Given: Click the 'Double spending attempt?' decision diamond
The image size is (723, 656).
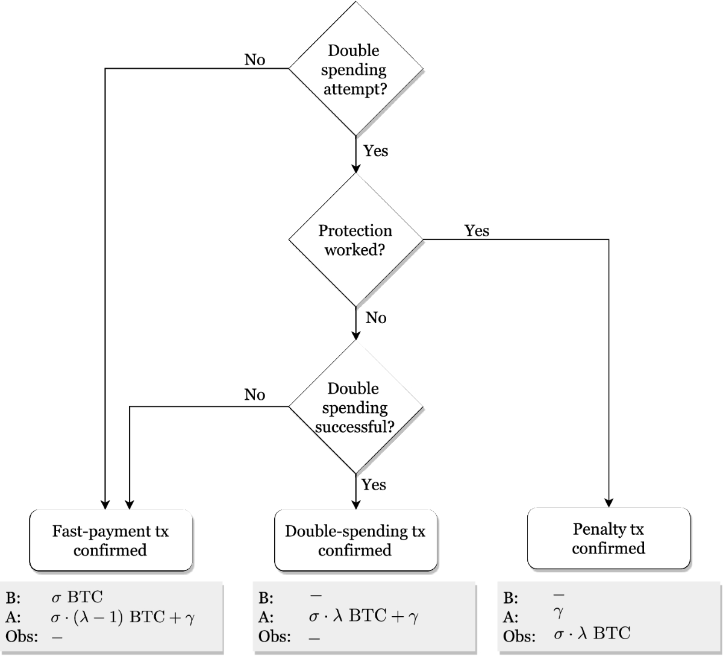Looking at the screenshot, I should click(x=356, y=69).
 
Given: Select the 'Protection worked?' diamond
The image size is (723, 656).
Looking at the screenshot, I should click(x=356, y=240).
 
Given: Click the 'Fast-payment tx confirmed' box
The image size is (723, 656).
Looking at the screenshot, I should click(x=111, y=541).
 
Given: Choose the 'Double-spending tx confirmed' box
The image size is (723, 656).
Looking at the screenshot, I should click(x=355, y=541).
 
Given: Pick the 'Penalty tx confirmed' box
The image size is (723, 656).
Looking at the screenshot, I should click(x=609, y=539).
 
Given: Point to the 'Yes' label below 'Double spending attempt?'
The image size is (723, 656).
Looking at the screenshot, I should click(x=375, y=151).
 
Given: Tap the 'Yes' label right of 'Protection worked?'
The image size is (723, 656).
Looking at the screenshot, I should click(x=477, y=230).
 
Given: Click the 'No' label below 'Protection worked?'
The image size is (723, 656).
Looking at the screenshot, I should click(x=376, y=318).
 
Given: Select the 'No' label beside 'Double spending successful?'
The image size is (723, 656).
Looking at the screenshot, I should click(x=255, y=395).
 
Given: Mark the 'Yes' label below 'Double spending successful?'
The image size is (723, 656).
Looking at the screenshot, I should click(x=374, y=485).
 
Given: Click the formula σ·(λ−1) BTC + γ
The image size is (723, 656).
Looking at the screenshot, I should click(x=123, y=617).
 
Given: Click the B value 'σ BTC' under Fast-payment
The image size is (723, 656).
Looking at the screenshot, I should click(x=77, y=598).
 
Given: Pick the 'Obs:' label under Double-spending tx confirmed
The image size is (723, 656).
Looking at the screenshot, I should click(x=274, y=637).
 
